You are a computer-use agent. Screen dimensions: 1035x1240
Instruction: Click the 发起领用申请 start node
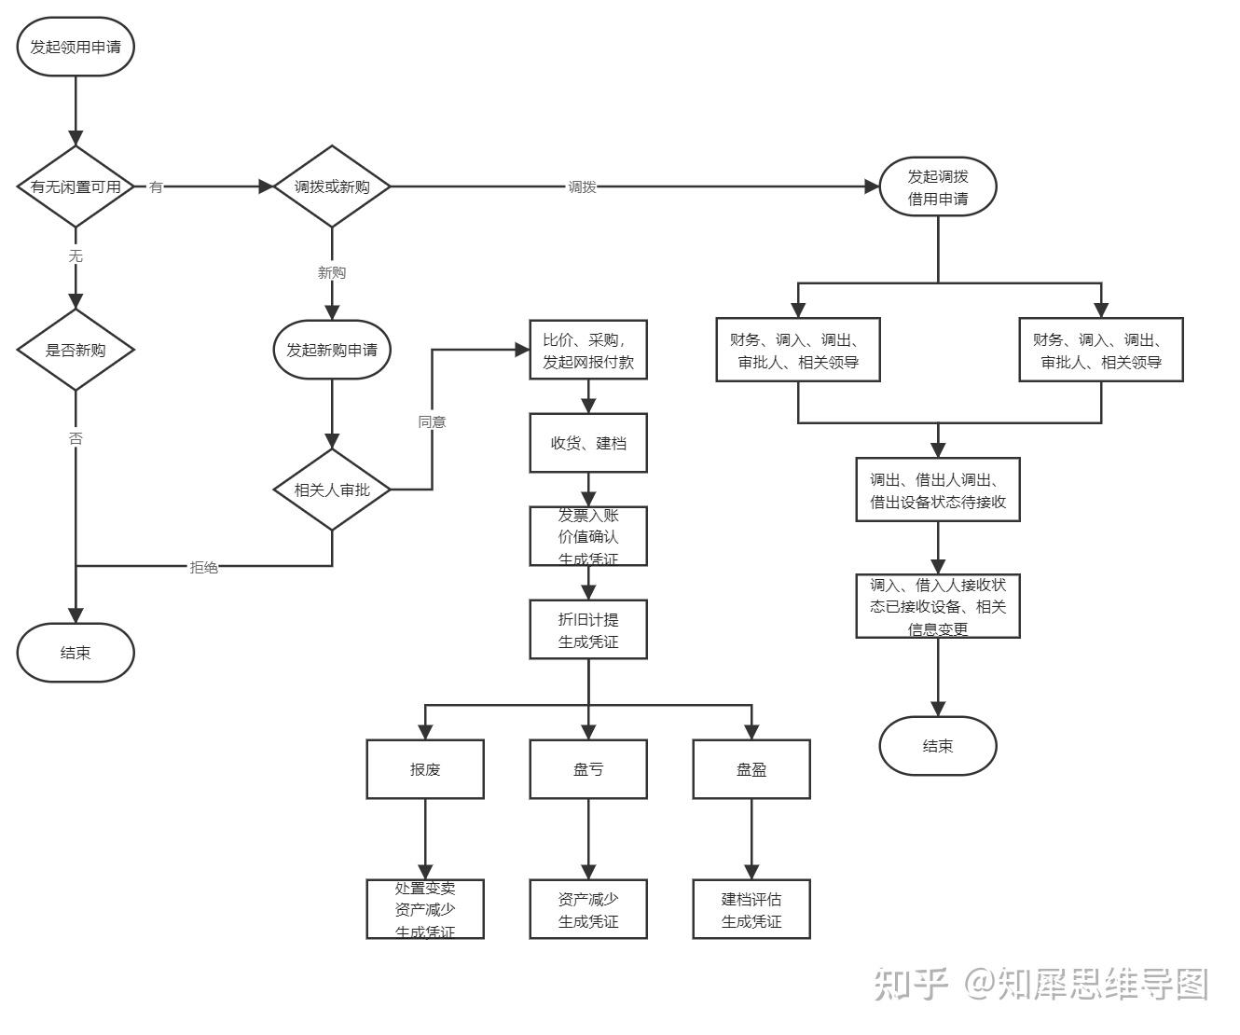click(x=76, y=47)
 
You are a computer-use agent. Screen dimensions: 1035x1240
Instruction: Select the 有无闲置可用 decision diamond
click(x=76, y=186)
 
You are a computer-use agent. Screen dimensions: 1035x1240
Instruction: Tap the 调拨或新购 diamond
click(x=332, y=186)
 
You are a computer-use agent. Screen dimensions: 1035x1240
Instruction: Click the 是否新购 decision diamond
click(x=76, y=350)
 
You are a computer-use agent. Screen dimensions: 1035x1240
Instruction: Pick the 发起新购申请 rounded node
click(x=332, y=350)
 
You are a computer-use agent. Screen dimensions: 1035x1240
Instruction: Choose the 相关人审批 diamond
click(x=332, y=490)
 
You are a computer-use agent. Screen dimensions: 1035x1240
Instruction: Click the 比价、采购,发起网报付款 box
click(x=588, y=350)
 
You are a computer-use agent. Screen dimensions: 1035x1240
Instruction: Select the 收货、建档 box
click(x=588, y=443)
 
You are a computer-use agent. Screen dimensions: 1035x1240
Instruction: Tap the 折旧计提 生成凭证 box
click(x=588, y=629)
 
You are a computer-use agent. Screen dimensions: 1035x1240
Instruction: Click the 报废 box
click(x=425, y=769)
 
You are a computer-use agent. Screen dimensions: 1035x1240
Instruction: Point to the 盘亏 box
click(x=588, y=769)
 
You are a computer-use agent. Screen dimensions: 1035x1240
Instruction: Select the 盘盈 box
click(x=751, y=769)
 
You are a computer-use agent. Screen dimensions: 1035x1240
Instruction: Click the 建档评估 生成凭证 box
click(x=751, y=909)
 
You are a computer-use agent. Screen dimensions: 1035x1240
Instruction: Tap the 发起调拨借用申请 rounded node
click(x=938, y=186)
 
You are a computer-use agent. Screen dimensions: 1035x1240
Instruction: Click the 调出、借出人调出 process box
click(x=938, y=490)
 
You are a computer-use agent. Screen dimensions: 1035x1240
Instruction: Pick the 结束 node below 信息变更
click(x=938, y=746)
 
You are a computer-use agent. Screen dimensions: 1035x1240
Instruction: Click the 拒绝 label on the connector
click(x=204, y=567)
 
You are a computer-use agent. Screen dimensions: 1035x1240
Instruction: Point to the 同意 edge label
click(x=432, y=421)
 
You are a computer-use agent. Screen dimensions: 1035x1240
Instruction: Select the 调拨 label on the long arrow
click(x=583, y=186)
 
